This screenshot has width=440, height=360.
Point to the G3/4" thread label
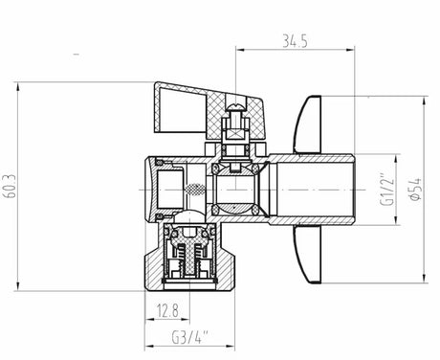(190, 338)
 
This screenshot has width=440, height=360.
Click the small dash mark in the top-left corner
(75, 56)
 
